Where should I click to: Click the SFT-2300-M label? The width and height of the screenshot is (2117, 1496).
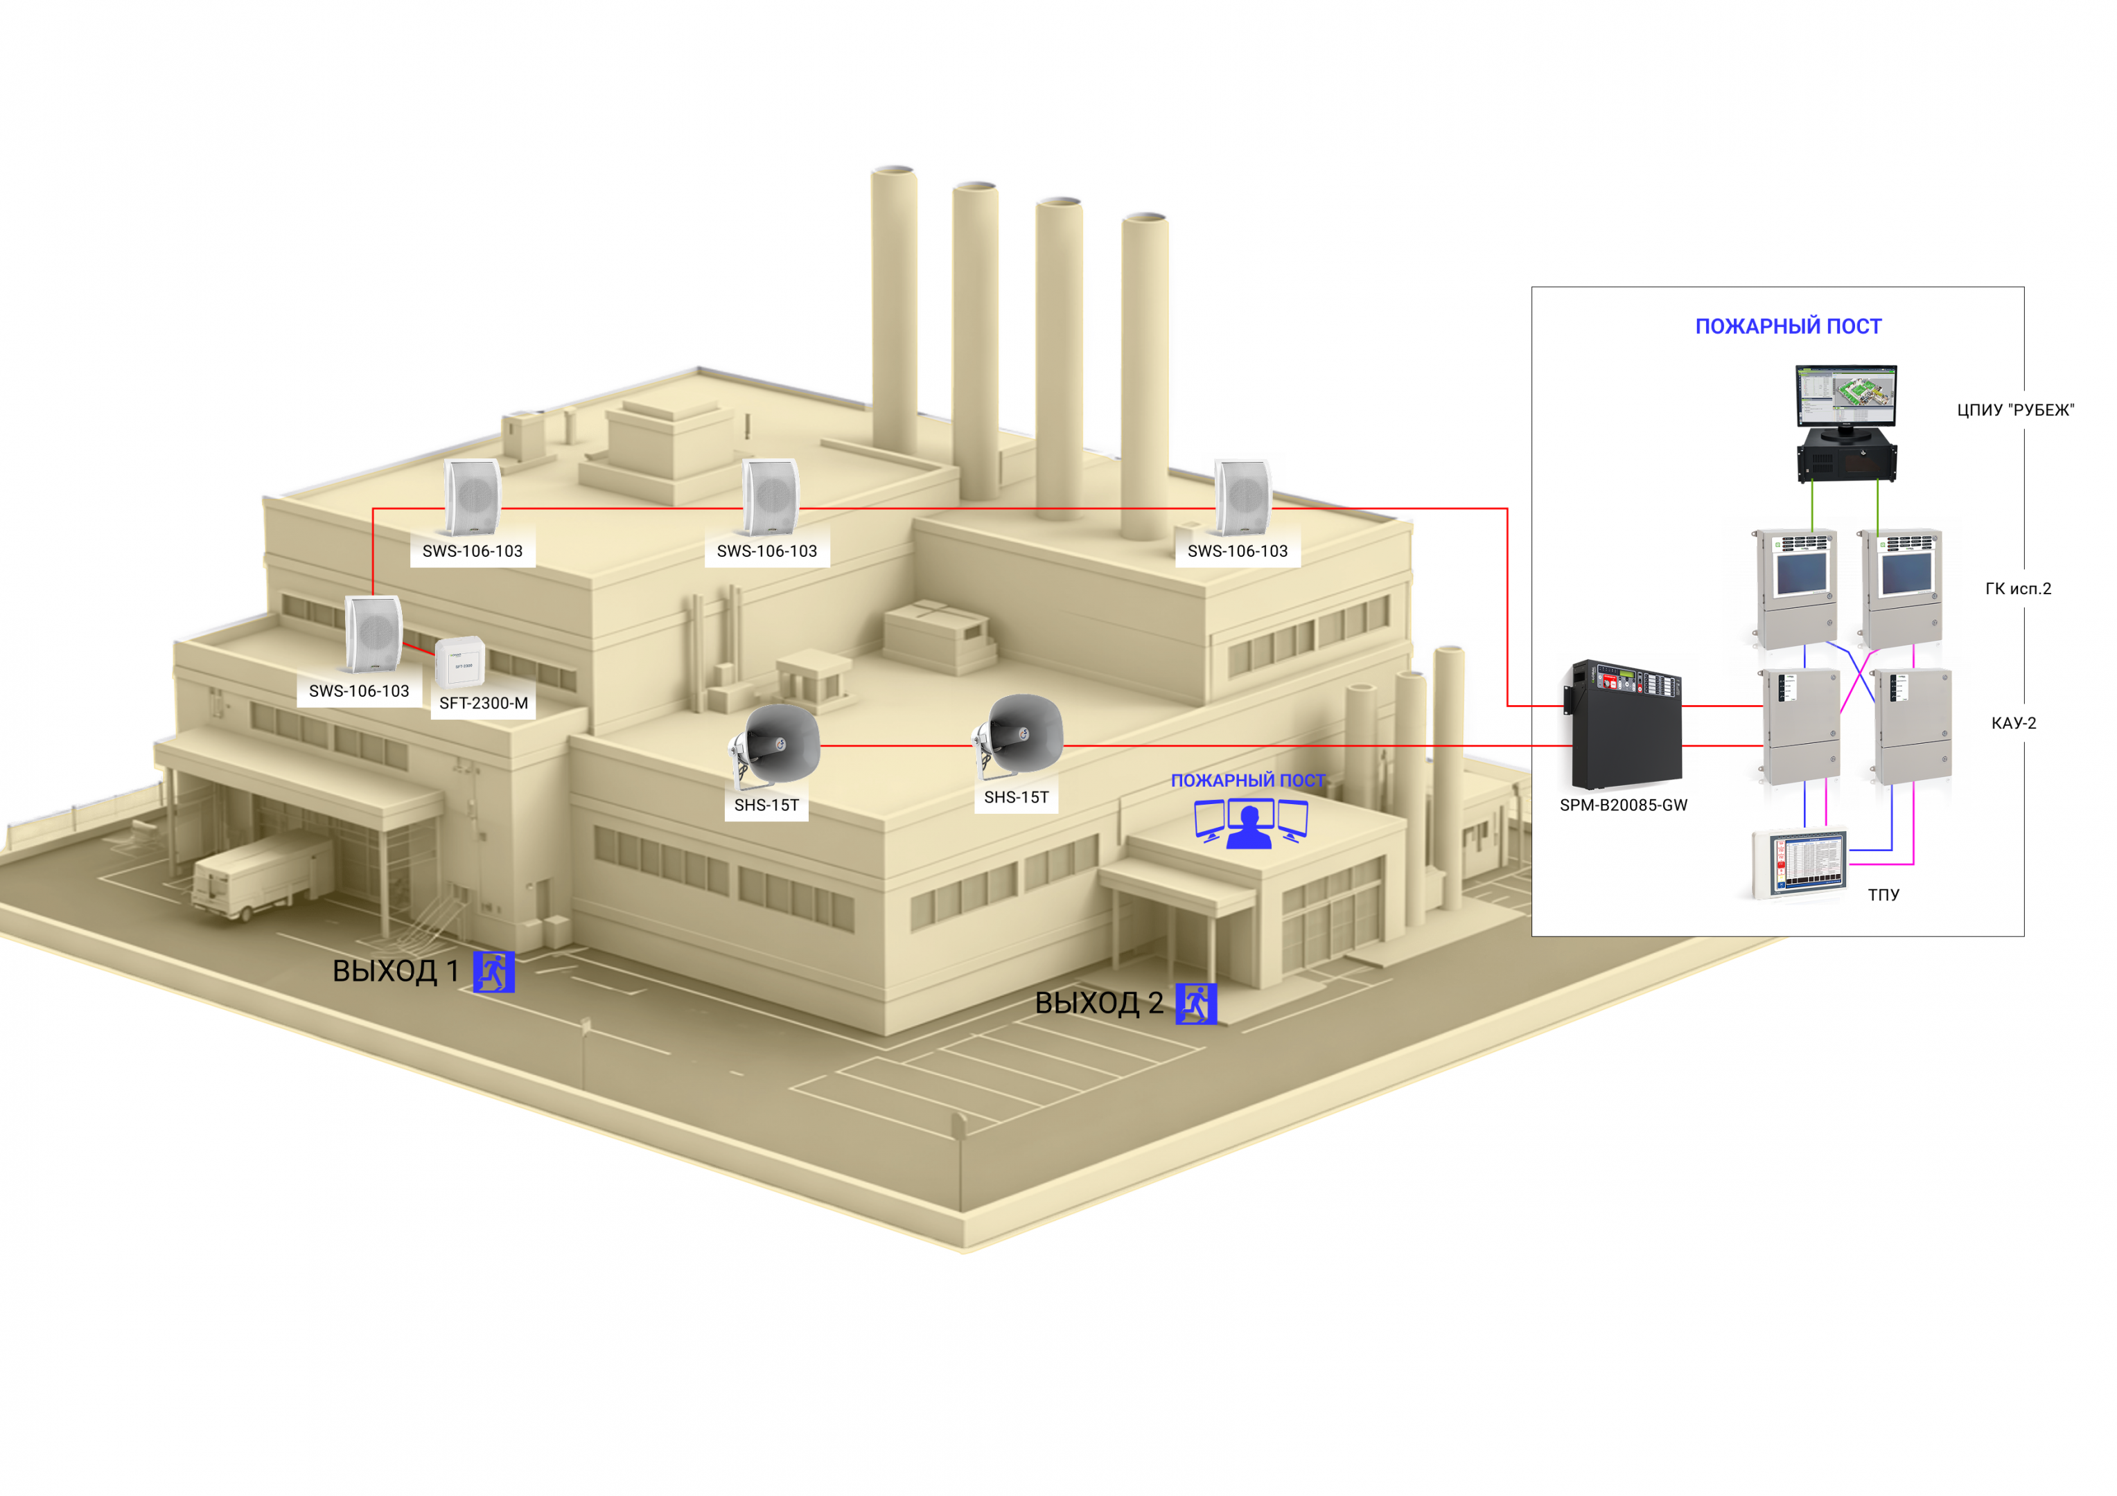(483, 703)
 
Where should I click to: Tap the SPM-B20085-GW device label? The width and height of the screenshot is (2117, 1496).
(1623, 805)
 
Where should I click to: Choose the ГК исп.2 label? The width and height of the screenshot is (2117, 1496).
(2019, 589)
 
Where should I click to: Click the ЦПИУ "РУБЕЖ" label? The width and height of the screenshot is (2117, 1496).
(2016, 410)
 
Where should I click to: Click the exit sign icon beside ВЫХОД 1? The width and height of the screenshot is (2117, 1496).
(493, 972)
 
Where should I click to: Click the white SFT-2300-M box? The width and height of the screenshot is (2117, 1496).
(459, 662)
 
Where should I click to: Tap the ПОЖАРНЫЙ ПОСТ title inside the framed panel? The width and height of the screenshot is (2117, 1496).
(1788, 326)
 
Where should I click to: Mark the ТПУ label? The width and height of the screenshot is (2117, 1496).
(1883, 895)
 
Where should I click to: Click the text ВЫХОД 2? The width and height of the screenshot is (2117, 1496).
(1099, 1003)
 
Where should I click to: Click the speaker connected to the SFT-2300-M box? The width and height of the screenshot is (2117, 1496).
(374, 634)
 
